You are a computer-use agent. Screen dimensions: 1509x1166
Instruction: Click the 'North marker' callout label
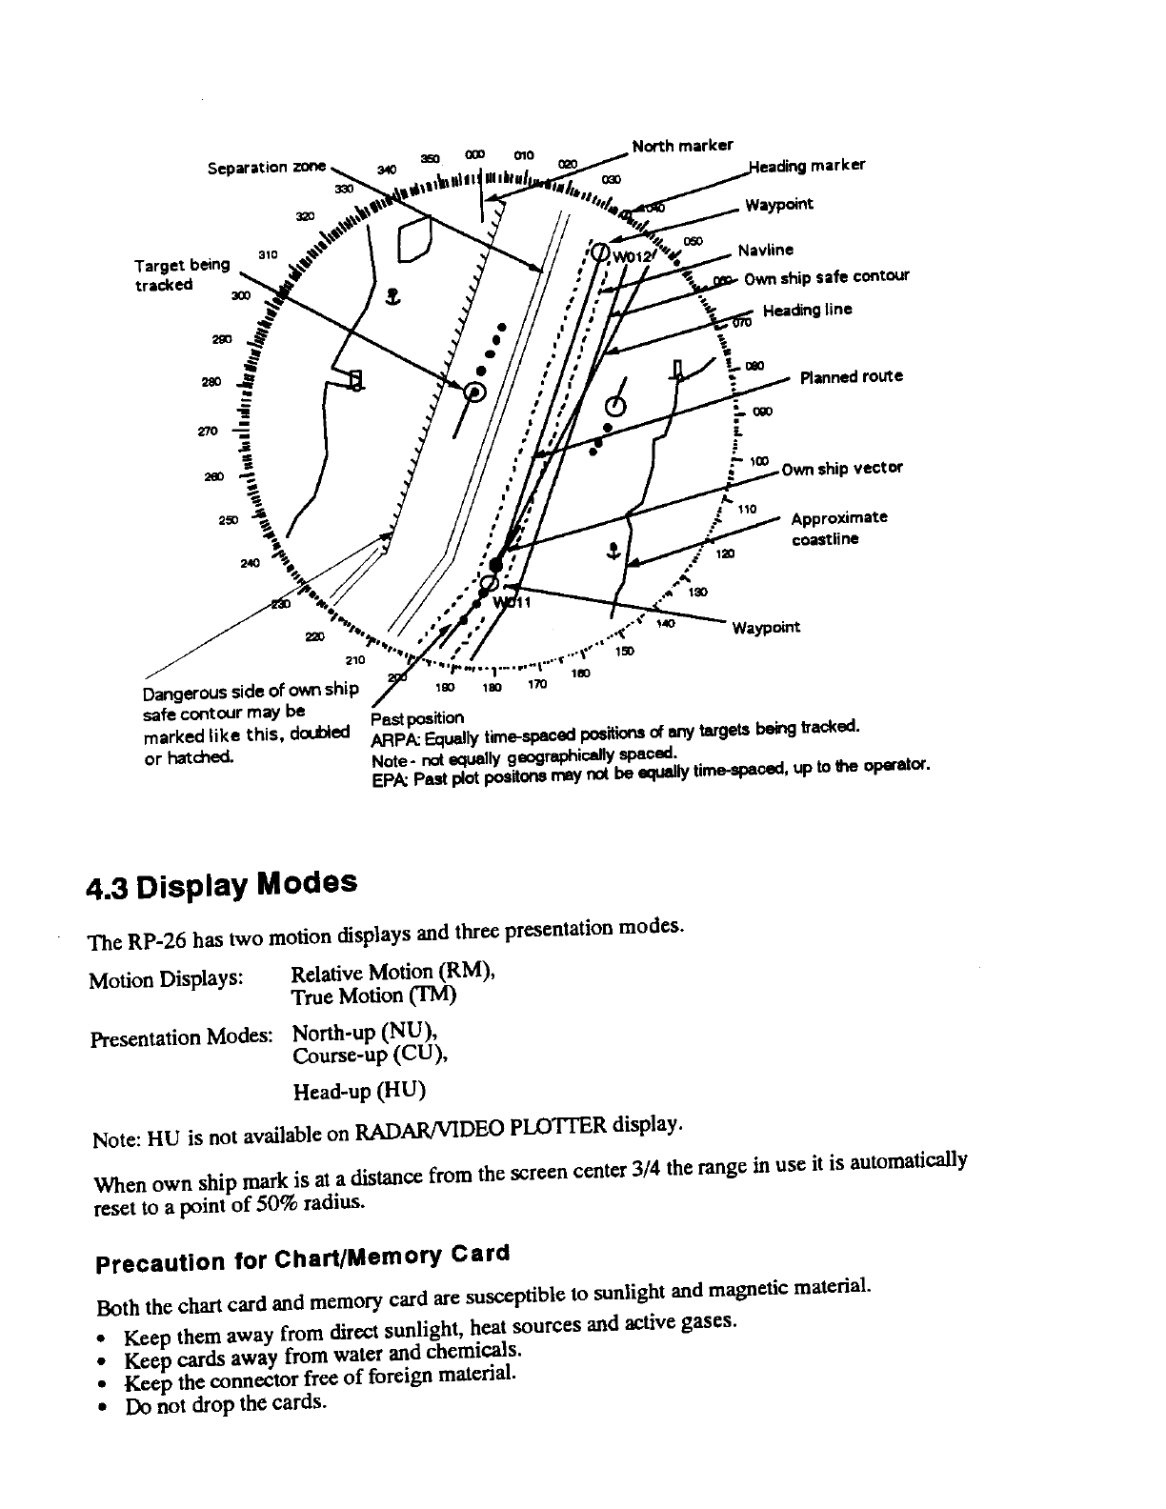(682, 146)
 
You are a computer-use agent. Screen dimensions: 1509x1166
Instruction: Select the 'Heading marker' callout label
(807, 165)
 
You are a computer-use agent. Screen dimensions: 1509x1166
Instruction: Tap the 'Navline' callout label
(765, 251)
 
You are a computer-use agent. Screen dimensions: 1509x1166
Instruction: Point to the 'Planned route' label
(851, 376)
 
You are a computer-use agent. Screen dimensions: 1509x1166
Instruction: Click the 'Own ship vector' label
(841, 468)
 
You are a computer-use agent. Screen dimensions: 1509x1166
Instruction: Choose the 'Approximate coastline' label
(838, 528)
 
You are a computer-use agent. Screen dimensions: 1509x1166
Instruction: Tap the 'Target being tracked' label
(182, 273)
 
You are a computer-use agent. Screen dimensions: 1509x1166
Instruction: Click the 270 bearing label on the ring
(207, 431)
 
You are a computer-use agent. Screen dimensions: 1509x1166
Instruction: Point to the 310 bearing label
(268, 254)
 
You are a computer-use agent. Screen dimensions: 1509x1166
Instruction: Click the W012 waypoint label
(633, 256)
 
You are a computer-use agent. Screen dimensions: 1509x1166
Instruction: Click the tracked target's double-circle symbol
(474, 392)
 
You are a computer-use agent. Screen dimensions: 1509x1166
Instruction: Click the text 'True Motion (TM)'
(373, 996)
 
